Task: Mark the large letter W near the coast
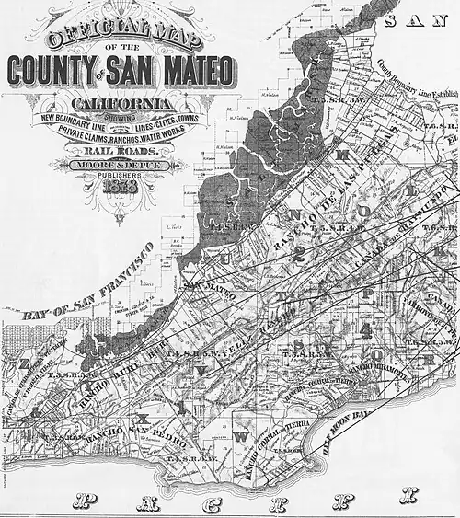[241, 438]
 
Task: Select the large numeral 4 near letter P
[367, 328]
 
